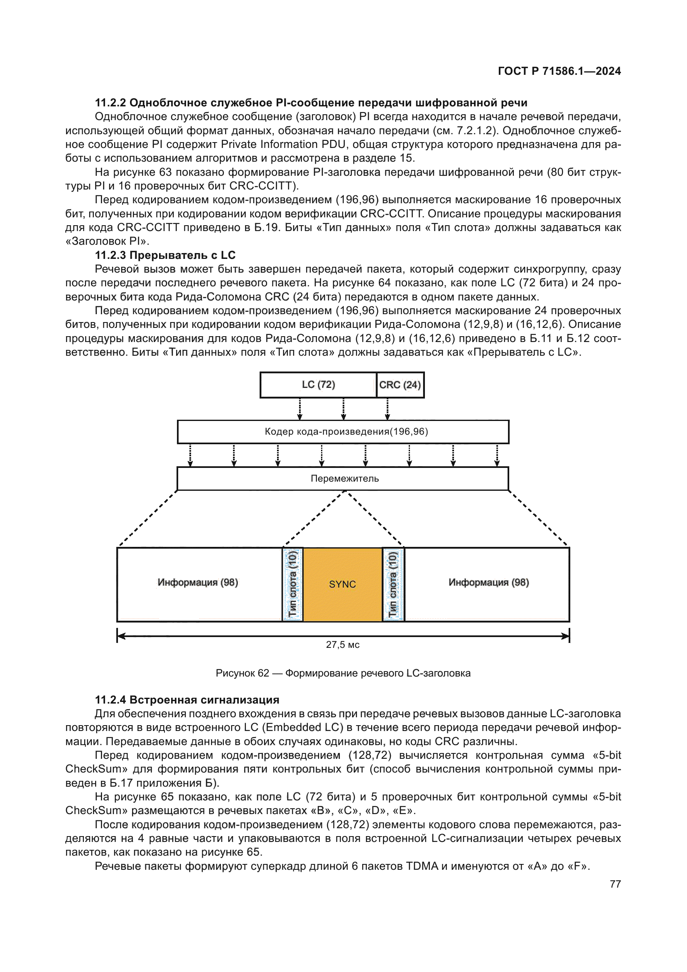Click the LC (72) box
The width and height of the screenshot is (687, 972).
click(318, 385)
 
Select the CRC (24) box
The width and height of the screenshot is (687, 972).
click(400, 385)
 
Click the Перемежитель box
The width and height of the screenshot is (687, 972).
click(343, 478)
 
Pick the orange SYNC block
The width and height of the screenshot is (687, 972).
click(342, 584)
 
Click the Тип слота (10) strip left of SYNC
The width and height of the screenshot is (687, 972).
click(293, 584)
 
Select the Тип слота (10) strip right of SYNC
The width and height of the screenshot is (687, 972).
click(393, 584)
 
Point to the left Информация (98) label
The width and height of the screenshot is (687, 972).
click(198, 583)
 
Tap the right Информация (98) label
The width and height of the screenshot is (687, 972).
click(488, 583)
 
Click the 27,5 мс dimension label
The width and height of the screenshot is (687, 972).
click(342, 645)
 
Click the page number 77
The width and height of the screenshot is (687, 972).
click(615, 884)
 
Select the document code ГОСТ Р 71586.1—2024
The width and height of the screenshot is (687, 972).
click(559, 71)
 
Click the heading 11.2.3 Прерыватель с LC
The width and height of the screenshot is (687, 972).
click(165, 255)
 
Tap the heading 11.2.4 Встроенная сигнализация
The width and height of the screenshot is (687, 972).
click(187, 700)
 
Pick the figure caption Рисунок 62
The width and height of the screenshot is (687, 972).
click(343, 673)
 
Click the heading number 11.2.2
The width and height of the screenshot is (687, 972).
click(110, 103)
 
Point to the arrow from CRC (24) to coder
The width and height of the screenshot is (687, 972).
click(387, 409)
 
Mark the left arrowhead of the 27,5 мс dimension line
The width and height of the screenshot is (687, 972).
click(120, 636)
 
